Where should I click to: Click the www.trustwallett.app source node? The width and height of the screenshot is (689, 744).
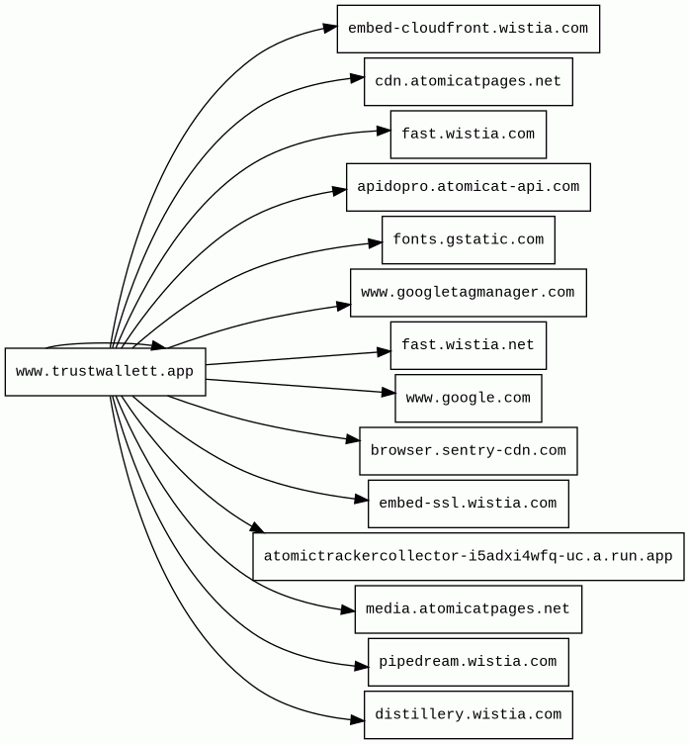105,372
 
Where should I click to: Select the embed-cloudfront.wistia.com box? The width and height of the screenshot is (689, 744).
468,29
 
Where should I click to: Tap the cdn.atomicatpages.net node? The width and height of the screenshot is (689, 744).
468,81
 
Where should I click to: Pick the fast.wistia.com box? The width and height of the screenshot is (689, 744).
468,135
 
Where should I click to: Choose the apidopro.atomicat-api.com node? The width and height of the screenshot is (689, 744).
468,187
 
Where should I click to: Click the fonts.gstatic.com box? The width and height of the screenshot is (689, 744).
468,239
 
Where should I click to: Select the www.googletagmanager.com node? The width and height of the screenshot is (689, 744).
468,293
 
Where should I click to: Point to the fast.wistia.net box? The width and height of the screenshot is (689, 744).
468,345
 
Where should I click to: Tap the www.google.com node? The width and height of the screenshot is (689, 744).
468,398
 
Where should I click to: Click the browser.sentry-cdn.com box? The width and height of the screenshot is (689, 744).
468,451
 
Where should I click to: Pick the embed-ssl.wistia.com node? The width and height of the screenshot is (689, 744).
468,504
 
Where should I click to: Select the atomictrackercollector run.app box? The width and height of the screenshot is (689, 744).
468,556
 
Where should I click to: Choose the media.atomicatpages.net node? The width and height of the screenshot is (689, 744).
468,608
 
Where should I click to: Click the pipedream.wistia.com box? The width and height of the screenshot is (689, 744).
468,662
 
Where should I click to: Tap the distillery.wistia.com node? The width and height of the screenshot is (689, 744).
468,714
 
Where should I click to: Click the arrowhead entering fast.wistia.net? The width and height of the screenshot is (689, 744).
385,351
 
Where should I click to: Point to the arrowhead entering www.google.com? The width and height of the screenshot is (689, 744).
388,393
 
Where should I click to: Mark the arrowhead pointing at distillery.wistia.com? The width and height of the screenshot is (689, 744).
358,720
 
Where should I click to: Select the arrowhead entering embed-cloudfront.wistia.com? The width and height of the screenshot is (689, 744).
330,28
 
